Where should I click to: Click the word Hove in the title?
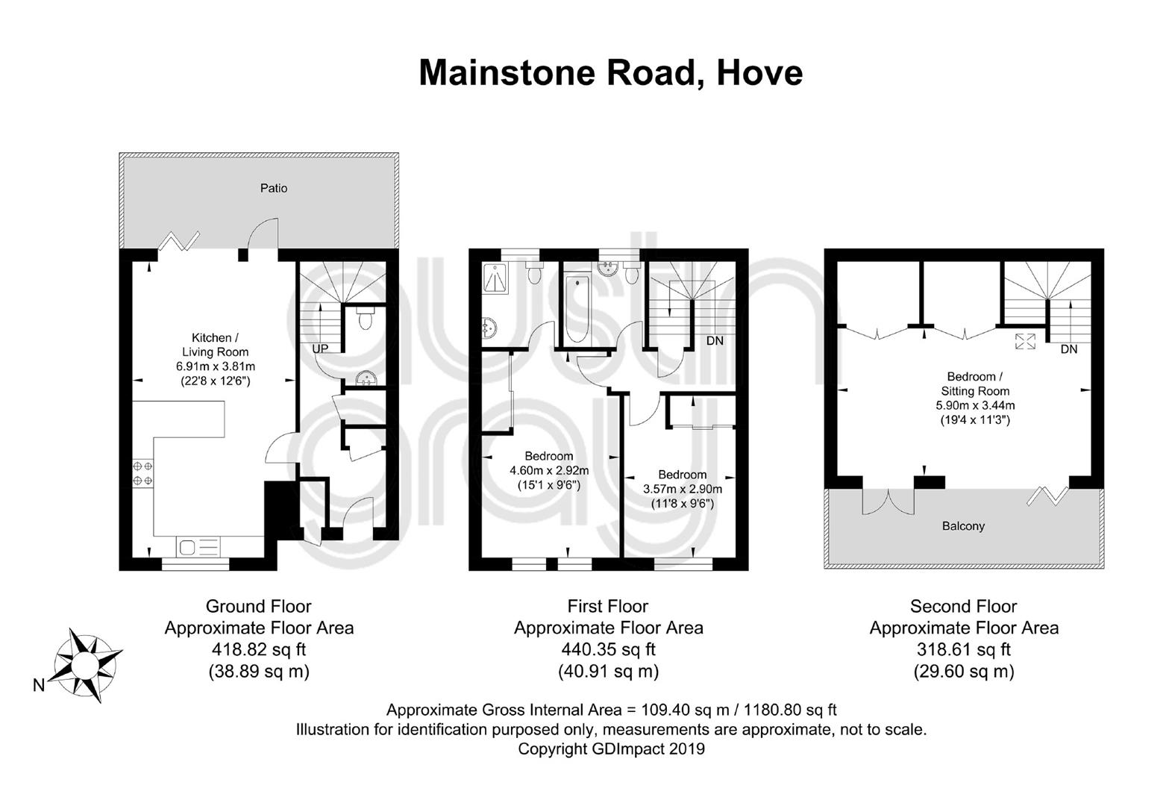tap(759, 73)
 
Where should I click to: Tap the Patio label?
tap(274, 188)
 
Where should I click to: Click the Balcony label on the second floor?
tap(963, 525)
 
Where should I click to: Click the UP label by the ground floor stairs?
tap(320, 349)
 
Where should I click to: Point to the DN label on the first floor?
tap(715, 341)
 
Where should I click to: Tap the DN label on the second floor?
tap(1069, 349)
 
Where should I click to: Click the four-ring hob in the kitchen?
tap(142, 472)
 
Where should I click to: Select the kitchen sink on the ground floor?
tap(198, 547)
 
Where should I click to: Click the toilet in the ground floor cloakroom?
tap(366, 318)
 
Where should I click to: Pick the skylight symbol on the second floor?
tap(1025, 342)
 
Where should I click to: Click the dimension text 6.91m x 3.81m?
tap(215, 366)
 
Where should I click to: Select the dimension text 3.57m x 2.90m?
tap(683, 489)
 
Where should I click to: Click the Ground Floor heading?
tap(258, 606)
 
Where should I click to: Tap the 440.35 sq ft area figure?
tap(608, 649)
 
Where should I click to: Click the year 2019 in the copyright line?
tap(686, 749)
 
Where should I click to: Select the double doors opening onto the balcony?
tap(888, 502)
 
